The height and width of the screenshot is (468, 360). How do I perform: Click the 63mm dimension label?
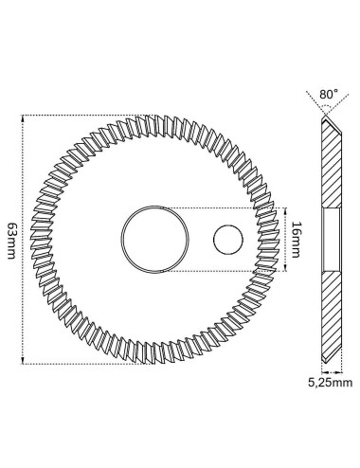tap(11, 241)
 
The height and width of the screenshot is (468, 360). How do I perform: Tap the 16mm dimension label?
tap(296, 240)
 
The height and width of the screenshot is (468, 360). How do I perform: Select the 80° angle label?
tap(329, 94)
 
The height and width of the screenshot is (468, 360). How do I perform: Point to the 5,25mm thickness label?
tap(330, 383)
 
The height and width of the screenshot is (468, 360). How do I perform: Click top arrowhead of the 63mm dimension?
tap(23, 117)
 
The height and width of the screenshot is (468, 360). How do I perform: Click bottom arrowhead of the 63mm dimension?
tap(23, 360)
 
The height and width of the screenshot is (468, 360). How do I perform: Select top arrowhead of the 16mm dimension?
tap(286, 211)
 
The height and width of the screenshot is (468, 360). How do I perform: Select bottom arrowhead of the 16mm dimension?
tap(286, 268)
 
